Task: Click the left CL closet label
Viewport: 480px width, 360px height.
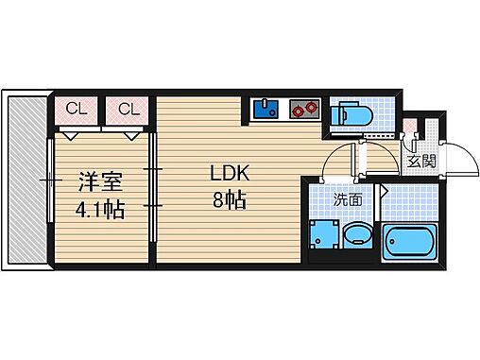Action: tap(77, 110)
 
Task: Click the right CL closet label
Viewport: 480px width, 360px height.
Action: tap(129, 110)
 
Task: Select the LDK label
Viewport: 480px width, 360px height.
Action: tap(229, 175)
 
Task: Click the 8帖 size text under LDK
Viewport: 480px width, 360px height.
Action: tap(229, 201)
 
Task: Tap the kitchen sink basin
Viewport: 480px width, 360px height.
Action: tap(265, 110)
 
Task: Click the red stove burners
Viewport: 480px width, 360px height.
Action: tap(302, 111)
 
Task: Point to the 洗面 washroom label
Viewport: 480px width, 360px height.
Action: tap(347, 199)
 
